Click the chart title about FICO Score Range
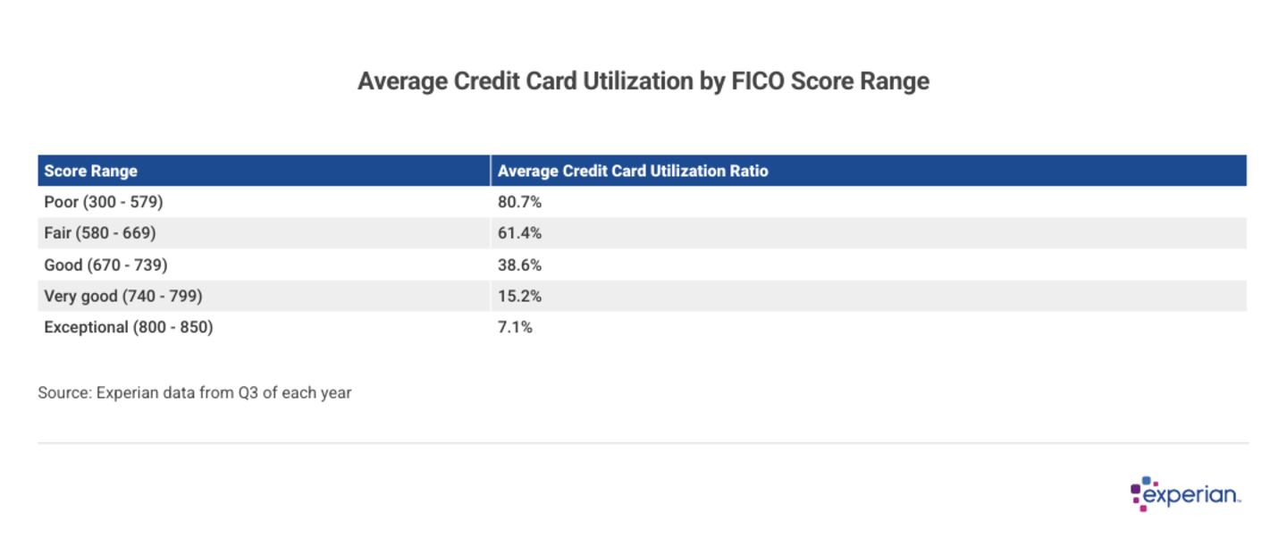643,81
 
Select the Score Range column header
91,171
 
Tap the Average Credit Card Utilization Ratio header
633,171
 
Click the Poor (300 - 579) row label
104,202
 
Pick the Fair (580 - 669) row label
100,233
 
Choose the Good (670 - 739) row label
105,265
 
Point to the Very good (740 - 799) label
123,296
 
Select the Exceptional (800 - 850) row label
129,327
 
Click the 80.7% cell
519,202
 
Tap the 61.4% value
519,233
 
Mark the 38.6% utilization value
519,265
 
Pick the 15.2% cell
519,296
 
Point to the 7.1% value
515,327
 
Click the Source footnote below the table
195,392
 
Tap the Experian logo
1186,494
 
